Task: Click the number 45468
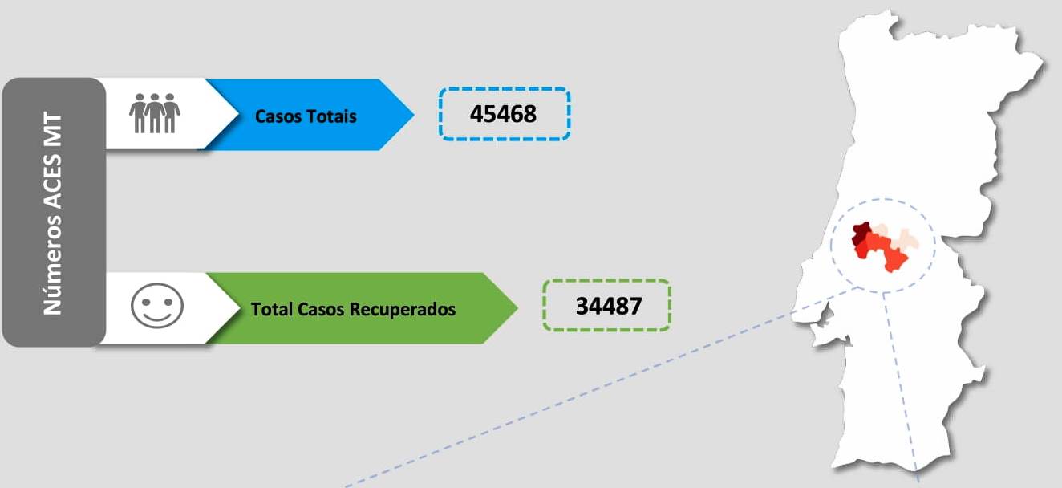pos(503,114)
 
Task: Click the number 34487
pos(609,306)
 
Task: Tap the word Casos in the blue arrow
pos(279,116)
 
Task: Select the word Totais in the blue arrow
pos(332,116)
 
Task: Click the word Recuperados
pos(403,310)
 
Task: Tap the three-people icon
pos(155,113)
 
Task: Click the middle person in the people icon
pos(155,113)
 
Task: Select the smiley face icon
pos(157,306)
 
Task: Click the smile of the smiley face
pos(157,315)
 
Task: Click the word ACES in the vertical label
pos(53,182)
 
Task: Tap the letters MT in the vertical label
pos(53,129)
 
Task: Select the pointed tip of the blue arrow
pos(414,114)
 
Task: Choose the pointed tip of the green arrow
pos(517,307)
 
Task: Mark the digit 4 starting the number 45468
pos(476,114)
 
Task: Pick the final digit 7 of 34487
pos(636,306)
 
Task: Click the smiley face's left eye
pos(147,301)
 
